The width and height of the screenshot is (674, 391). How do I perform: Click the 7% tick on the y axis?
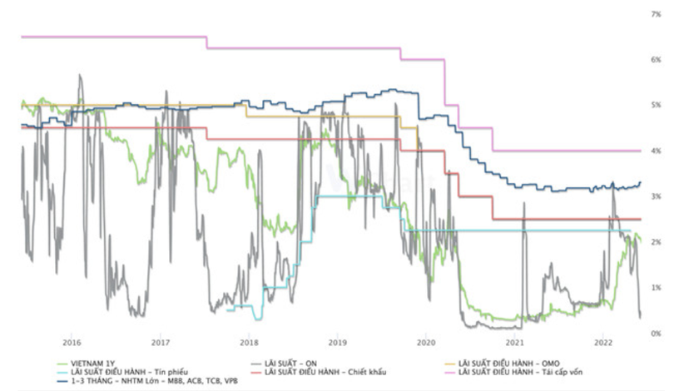[657, 15]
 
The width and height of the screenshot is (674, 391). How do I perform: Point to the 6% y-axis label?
[657, 61]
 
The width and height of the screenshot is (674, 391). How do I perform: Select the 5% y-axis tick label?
[657, 106]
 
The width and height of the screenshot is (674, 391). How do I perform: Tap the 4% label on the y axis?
[657, 151]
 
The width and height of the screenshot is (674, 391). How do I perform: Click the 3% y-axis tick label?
[657, 196]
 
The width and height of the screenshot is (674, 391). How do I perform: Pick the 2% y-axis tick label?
[657, 242]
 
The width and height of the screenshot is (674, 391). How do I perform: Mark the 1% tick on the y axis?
[657, 288]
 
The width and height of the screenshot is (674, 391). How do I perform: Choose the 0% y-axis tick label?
[657, 333]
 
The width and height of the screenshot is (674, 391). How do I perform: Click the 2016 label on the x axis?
[72, 342]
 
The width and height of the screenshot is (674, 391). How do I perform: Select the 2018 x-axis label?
[249, 342]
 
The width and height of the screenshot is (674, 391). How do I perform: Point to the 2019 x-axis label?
[337, 342]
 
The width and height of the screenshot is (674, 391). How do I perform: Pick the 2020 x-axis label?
[426, 342]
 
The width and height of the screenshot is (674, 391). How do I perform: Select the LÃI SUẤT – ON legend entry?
[286, 361]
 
